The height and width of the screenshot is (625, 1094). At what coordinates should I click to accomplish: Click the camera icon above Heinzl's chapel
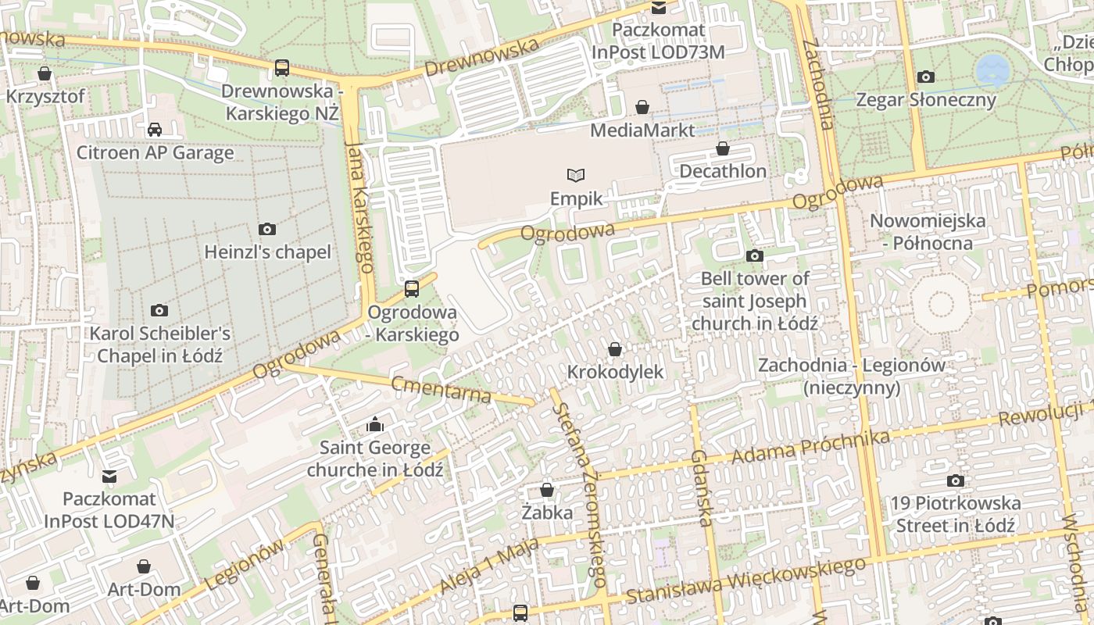[267, 229]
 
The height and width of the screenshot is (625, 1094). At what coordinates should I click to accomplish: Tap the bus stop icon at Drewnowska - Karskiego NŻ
[282, 68]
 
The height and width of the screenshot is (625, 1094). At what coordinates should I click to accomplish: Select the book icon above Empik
[576, 175]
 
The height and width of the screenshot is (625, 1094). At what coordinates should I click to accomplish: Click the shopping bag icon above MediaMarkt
[642, 106]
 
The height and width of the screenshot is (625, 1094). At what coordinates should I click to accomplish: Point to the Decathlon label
[723, 170]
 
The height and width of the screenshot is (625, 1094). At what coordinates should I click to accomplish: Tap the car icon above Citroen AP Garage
[155, 129]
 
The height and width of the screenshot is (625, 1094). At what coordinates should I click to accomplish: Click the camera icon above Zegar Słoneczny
[926, 77]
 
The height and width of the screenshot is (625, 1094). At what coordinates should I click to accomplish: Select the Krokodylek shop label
[615, 372]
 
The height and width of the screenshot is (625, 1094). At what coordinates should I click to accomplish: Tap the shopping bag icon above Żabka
[547, 490]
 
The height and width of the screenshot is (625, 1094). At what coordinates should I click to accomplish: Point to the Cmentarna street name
[441, 389]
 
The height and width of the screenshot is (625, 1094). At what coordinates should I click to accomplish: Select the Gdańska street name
[703, 487]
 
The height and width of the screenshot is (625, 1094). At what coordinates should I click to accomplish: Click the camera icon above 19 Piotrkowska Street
[955, 480]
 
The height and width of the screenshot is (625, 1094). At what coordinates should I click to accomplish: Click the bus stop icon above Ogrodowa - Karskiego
[412, 289]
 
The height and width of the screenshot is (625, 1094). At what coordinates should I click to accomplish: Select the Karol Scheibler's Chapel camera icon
[159, 310]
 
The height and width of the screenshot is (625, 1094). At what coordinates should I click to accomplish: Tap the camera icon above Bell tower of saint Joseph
[754, 255]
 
